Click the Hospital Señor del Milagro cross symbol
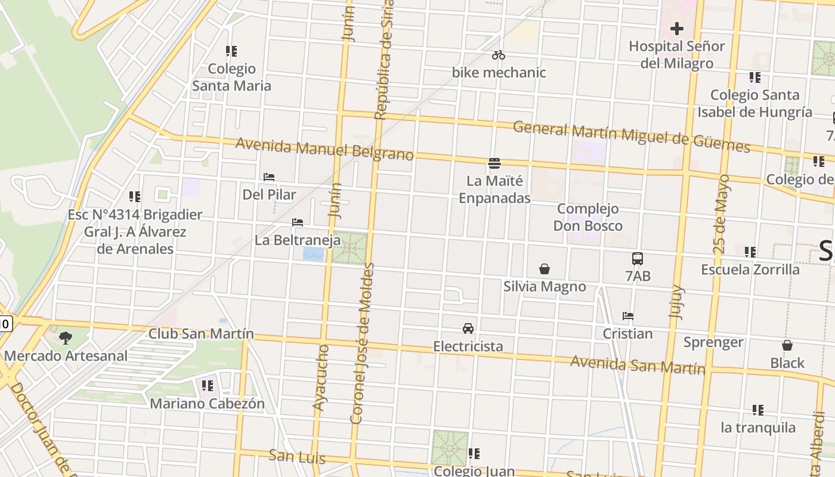[676, 28]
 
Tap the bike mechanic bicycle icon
[499, 55]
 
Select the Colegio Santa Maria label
[231, 78]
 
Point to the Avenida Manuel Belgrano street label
[324, 150]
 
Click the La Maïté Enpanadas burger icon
[494, 163]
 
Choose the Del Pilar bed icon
[269, 177]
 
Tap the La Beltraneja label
[298, 240]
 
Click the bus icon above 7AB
[638, 259]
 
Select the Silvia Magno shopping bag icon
[545, 270]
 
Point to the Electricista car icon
[468, 329]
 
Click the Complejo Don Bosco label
[588, 217]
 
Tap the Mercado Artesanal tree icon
[66, 338]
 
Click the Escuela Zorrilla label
[750, 270]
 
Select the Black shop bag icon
[787, 345]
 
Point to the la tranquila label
[757, 428]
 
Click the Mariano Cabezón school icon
[207, 386]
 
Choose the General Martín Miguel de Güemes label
[631, 136]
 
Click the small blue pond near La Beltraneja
[313, 255]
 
